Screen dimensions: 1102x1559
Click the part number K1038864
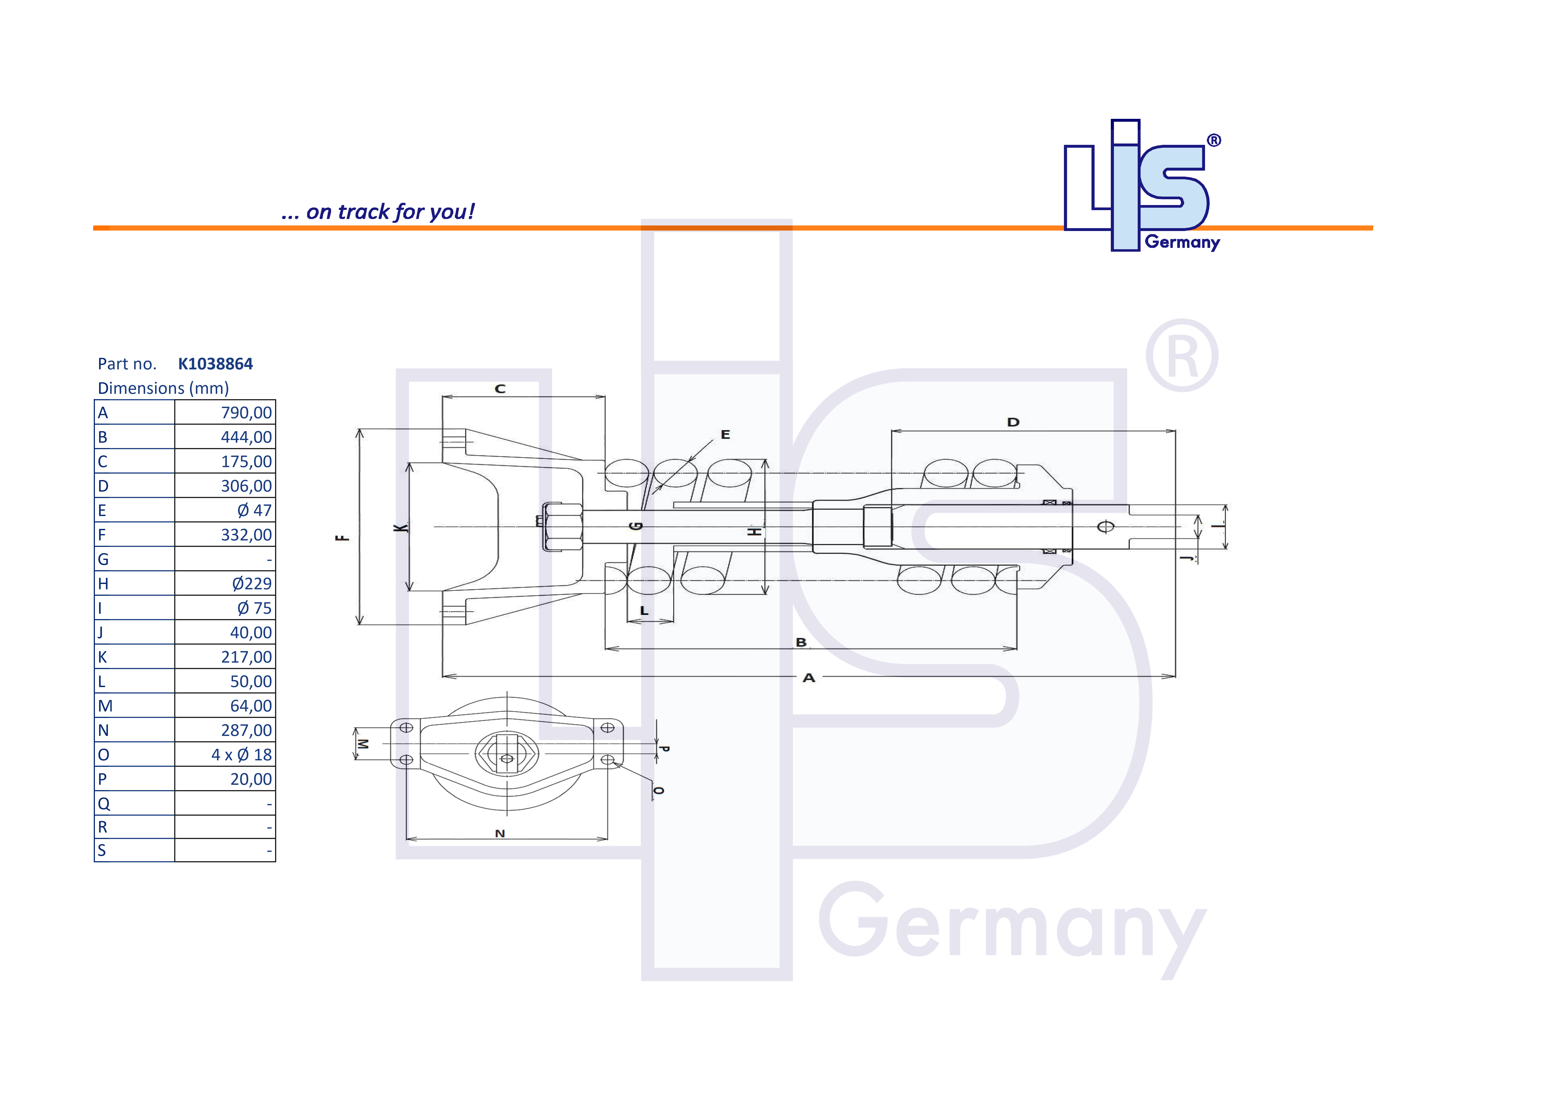pyautogui.click(x=215, y=364)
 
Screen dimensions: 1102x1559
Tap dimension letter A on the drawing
pyautogui.click(x=809, y=678)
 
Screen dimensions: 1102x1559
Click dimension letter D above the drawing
pyautogui.click(x=1013, y=422)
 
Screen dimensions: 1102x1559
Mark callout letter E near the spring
pyautogui.click(x=725, y=434)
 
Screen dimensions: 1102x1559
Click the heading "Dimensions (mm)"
pyautogui.click(x=163, y=388)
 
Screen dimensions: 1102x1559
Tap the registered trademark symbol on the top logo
pyautogui.click(x=1214, y=141)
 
